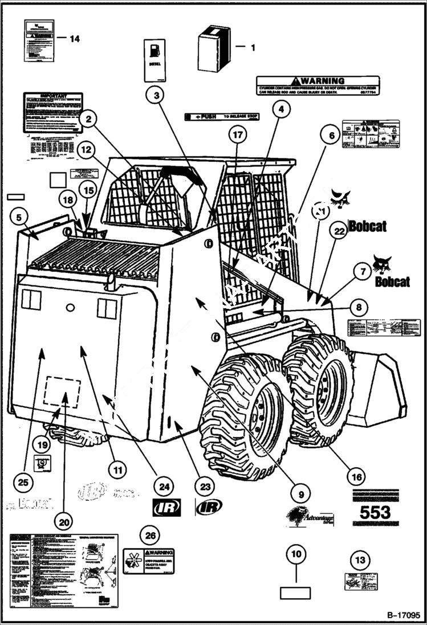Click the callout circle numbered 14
pyautogui.click(x=75, y=39)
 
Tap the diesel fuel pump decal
pyautogui.click(x=154, y=60)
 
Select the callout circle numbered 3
pyautogui.click(x=156, y=94)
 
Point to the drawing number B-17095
pyautogui.click(x=403, y=615)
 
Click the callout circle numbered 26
pyautogui.click(x=149, y=536)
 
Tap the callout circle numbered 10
pyautogui.click(x=296, y=553)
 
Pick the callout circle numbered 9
pyautogui.click(x=300, y=492)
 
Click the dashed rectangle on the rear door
pyautogui.click(x=62, y=391)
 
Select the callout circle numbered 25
pyautogui.click(x=23, y=483)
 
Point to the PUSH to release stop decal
pyautogui.click(x=222, y=116)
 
